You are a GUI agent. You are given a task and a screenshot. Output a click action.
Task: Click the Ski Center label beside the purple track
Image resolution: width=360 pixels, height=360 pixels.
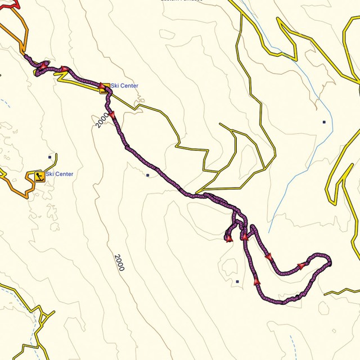124,86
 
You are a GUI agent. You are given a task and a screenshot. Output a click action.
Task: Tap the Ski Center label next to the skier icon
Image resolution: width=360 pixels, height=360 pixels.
60,174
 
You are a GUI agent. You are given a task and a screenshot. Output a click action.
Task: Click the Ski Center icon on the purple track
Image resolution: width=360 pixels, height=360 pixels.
104,87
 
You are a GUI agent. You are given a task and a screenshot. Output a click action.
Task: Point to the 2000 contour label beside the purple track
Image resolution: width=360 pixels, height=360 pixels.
102,120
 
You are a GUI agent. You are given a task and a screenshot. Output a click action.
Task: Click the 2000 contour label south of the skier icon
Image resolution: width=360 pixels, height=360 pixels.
119,263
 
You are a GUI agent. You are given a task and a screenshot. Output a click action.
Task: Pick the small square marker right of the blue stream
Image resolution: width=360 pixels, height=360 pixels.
324,121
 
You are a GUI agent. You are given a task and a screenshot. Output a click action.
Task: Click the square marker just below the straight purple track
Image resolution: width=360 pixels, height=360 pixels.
147,175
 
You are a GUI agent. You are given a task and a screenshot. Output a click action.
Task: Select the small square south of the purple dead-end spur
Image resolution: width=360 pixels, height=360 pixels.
237,281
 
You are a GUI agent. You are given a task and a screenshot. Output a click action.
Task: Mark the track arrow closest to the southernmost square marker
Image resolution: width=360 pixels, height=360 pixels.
256,281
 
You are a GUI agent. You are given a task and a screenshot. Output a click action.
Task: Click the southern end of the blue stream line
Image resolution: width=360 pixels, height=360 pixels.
270,231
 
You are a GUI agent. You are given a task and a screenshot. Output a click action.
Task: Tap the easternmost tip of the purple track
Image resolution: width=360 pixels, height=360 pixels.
330,262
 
